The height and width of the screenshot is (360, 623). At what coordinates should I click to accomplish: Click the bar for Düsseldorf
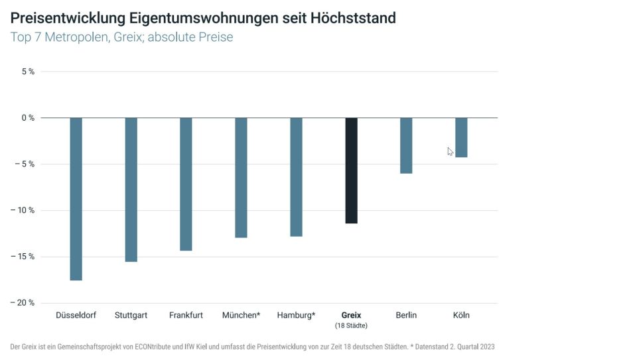click(76, 199)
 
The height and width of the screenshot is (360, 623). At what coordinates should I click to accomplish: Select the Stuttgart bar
click(131, 190)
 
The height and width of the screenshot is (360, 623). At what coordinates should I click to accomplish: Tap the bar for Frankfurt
click(186, 184)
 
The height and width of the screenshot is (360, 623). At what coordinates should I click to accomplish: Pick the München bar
click(241, 178)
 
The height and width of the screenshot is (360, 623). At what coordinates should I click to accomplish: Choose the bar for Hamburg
click(296, 177)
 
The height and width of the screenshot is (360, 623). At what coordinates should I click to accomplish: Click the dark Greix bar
click(351, 170)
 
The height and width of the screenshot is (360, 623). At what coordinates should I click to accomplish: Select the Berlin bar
click(406, 145)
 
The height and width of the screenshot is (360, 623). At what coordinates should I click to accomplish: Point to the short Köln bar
click(461, 137)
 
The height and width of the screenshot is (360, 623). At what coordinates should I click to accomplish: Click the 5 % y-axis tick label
click(28, 72)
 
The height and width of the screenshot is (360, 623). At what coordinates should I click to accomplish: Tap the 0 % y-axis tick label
click(28, 118)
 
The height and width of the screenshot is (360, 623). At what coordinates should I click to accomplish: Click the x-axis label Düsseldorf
click(76, 316)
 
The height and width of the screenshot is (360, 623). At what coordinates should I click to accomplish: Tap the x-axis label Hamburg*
click(296, 316)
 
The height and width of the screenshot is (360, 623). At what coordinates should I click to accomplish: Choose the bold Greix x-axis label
click(351, 316)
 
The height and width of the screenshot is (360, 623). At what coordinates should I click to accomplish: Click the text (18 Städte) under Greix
click(351, 326)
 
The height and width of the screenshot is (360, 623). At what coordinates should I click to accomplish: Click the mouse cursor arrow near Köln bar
click(450, 152)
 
